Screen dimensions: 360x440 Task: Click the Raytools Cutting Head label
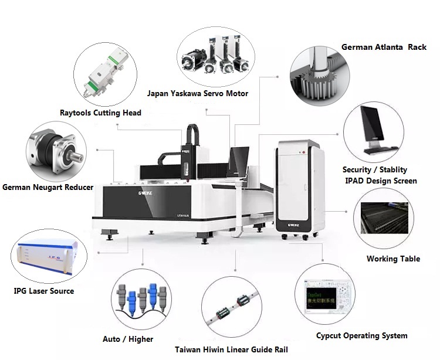[100, 113]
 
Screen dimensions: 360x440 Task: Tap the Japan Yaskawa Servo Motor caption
[198, 94]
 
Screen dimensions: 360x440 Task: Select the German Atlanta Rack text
[384, 47]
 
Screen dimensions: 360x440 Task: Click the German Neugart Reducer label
[48, 188]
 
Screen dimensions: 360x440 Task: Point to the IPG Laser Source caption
[44, 291]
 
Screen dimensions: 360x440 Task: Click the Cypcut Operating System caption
[361, 336]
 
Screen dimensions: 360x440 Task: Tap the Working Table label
[393, 259]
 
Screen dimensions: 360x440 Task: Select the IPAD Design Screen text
[381, 181]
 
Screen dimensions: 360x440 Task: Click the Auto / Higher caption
[128, 339]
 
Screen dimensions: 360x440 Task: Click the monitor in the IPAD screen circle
[373, 131]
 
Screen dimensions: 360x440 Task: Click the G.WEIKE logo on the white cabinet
[294, 223]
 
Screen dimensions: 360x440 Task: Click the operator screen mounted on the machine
[239, 161]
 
